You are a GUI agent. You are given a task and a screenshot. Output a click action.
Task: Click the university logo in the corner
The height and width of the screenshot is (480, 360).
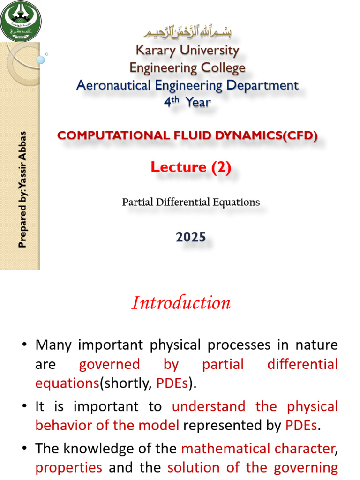(x=21, y=21)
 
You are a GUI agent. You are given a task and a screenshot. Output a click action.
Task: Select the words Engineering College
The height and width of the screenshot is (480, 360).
(x=187, y=68)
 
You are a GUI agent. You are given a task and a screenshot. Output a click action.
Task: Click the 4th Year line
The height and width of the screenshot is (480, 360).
(x=187, y=102)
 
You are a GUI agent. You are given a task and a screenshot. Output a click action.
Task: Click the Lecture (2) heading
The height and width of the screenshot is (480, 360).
(x=191, y=167)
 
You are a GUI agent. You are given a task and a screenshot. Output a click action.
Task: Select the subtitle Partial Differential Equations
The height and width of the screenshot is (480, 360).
(x=191, y=202)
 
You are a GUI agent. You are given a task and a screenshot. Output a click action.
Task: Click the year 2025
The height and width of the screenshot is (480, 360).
(x=191, y=237)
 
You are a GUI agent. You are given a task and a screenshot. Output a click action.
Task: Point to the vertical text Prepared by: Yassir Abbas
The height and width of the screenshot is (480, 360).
(x=22, y=189)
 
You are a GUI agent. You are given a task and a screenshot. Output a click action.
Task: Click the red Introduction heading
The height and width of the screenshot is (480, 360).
(x=181, y=303)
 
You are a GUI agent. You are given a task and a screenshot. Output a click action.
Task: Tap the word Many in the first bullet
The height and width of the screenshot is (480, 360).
(x=52, y=345)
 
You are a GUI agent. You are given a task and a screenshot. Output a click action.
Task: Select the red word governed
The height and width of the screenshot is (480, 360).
(x=109, y=364)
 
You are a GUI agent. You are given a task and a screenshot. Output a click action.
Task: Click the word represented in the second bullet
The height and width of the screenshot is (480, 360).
(x=215, y=425)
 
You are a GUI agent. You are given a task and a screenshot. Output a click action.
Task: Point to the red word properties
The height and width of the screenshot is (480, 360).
(x=68, y=467)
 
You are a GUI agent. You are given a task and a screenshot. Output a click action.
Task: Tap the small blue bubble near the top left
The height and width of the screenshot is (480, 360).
(x=40, y=60)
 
